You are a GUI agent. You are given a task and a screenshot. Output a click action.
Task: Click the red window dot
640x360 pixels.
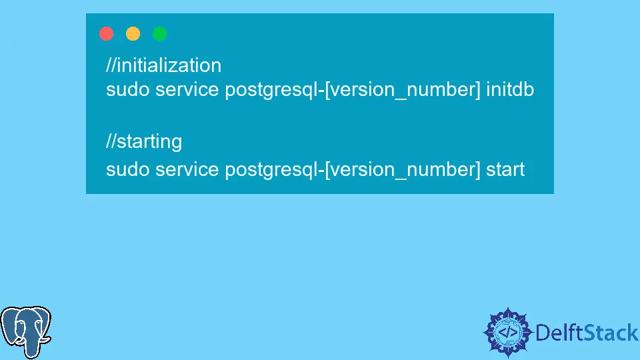coord(106,33)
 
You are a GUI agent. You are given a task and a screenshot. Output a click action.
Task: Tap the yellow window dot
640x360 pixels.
coord(133,33)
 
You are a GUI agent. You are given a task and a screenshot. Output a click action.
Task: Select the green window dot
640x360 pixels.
coord(159,33)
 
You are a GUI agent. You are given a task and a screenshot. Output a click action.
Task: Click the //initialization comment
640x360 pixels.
coord(164,66)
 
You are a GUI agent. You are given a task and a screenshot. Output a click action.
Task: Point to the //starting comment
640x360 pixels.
coord(144,142)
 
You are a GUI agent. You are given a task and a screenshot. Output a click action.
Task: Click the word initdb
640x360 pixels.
coord(510,89)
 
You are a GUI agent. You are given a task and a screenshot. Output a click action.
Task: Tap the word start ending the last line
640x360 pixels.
coord(505,169)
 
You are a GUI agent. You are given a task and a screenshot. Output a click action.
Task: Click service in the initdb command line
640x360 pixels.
coord(187,89)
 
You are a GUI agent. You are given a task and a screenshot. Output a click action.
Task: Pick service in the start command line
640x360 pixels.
coord(187,169)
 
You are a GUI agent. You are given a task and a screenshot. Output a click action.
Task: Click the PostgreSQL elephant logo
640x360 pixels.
coord(26,332)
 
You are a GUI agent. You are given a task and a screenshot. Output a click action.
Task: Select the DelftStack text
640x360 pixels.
coord(587,333)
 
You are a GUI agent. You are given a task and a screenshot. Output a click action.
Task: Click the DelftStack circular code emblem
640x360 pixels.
coord(508,333)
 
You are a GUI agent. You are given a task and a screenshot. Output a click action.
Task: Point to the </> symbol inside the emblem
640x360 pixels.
coord(508,333)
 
